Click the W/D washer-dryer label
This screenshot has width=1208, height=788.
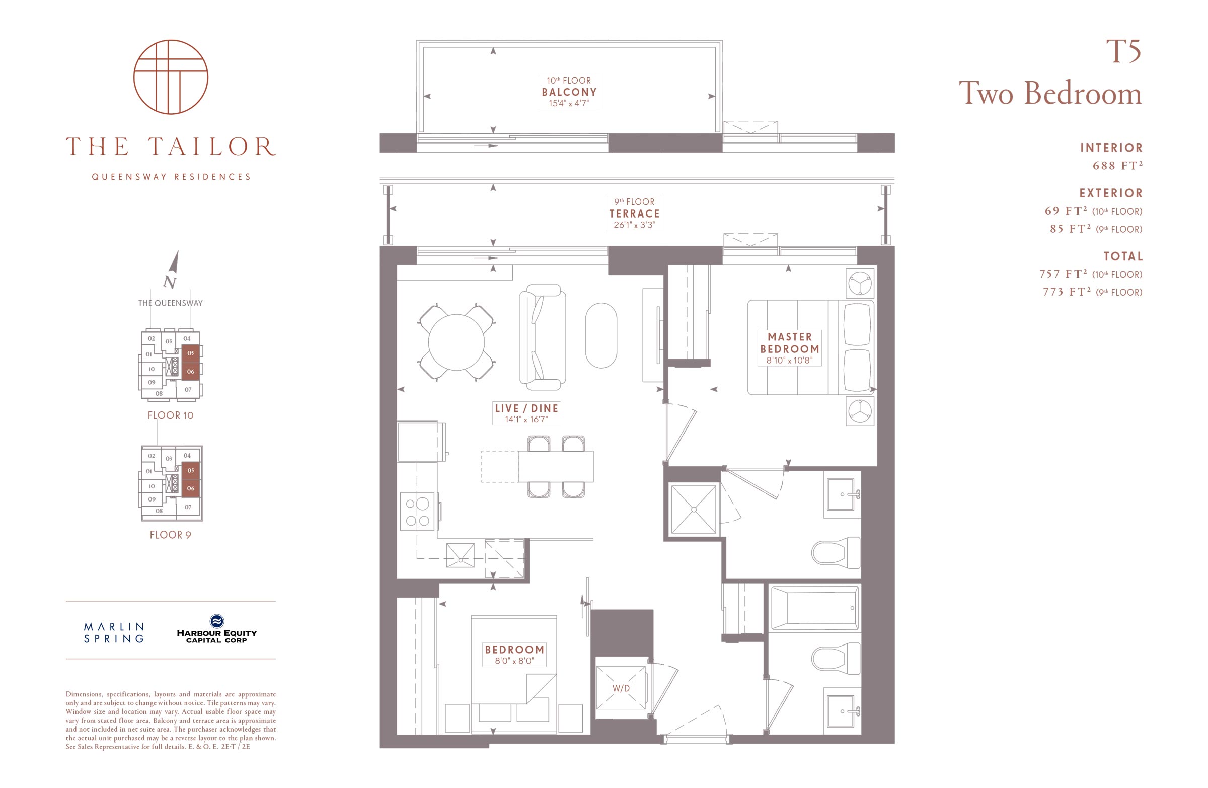(x=621, y=688)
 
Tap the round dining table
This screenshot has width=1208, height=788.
(x=457, y=342)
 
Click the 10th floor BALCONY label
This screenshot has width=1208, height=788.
(x=569, y=92)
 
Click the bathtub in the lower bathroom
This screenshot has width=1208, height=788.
(x=814, y=608)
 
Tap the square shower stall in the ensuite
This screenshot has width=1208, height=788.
(x=693, y=509)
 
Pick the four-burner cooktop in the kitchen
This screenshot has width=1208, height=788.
(x=417, y=511)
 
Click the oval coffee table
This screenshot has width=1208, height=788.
(x=601, y=335)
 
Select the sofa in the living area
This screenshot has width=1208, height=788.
(x=542, y=337)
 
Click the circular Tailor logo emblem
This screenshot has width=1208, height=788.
(x=171, y=77)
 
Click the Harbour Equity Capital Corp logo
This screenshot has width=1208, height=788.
(x=217, y=629)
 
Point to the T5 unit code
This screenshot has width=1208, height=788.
(x=1124, y=51)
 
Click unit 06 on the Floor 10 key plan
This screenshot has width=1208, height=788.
(x=190, y=371)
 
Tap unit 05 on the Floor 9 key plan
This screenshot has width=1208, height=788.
(x=190, y=470)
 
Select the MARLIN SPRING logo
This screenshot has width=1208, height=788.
(x=114, y=632)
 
